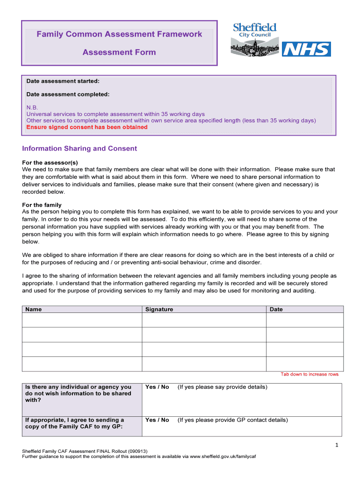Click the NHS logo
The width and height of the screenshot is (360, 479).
[x=306, y=49]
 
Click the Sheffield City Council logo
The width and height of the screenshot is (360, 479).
[x=254, y=39]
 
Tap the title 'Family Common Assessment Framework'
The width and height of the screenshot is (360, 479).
[x=119, y=34]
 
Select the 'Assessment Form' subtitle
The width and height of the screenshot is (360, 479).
[x=119, y=52]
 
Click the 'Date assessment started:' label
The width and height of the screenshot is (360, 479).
[x=63, y=81]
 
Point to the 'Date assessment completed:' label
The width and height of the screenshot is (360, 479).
[x=68, y=94]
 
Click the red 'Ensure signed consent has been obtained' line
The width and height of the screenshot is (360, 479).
[x=87, y=127]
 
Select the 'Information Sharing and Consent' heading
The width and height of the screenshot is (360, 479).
[x=79, y=149]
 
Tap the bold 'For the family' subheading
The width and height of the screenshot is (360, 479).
[x=42, y=205]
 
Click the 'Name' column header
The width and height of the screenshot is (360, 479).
[x=33, y=309]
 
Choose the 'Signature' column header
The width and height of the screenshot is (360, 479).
[x=159, y=309]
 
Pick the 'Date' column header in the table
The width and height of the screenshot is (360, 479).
[x=276, y=309]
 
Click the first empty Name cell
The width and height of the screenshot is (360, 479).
[x=82, y=320]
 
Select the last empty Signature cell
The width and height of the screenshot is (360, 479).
[x=204, y=364]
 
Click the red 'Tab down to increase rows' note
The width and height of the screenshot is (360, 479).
[x=309, y=374]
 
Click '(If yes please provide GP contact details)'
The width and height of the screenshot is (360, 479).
[x=232, y=420]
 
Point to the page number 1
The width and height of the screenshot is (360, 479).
[x=336, y=445]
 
